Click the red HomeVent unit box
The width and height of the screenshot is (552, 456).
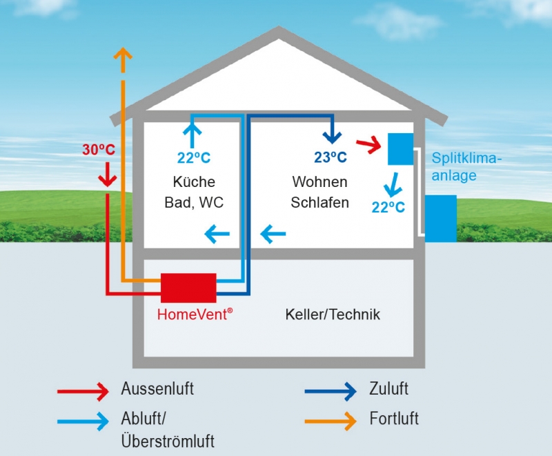click(188, 288)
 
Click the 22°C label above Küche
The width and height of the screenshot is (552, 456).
click(194, 157)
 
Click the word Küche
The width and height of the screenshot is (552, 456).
click(194, 182)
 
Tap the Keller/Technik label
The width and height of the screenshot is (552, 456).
click(333, 315)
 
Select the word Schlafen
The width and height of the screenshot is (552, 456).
click(319, 203)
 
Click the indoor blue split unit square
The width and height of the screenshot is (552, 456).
click(400, 148)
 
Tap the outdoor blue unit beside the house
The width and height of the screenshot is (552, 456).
click(441, 217)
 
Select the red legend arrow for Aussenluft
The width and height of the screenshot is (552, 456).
click(83, 390)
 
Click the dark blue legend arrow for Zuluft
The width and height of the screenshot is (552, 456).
click(331, 390)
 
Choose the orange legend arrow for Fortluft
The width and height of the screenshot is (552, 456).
click(331, 419)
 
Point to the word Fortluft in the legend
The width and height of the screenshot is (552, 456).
click(394, 419)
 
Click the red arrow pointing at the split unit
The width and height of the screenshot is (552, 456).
click(368, 144)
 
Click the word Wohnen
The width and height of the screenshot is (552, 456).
click(319, 182)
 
